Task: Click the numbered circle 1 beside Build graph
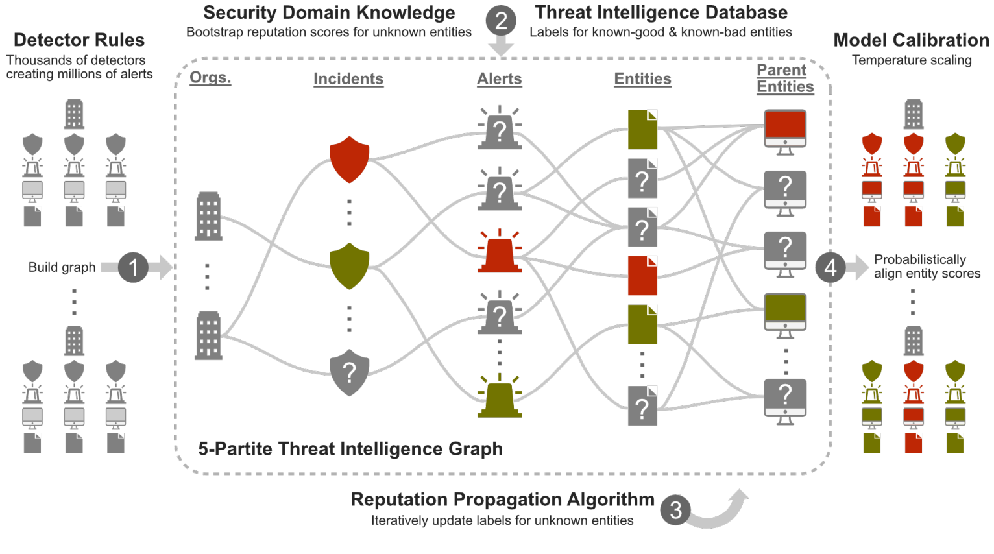pyautogui.click(x=133, y=267)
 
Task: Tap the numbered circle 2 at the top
pyautogui.click(x=501, y=21)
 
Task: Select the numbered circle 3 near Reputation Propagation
pyautogui.click(x=675, y=510)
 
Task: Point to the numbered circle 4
pyautogui.click(x=830, y=267)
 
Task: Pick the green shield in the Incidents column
pyautogui.click(x=349, y=265)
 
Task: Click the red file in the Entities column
pyautogui.click(x=642, y=276)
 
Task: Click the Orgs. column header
pyautogui.click(x=210, y=78)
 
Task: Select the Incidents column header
pyautogui.click(x=348, y=79)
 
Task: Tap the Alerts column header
pyautogui.click(x=500, y=79)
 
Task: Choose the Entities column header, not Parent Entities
pyautogui.click(x=642, y=79)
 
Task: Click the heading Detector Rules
pyautogui.click(x=79, y=40)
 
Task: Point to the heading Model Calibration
pyautogui.click(x=911, y=40)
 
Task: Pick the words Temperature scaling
pyautogui.click(x=912, y=60)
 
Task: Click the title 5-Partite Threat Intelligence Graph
pyautogui.click(x=350, y=449)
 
